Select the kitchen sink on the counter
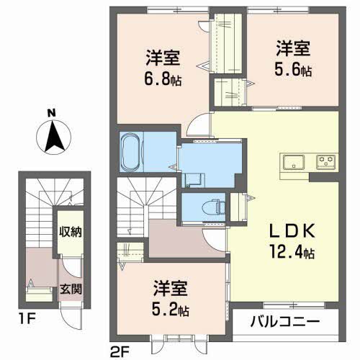click(x=294, y=161)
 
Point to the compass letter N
click(x=52, y=112)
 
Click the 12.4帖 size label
click(x=292, y=253)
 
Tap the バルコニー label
click(x=285, y=322)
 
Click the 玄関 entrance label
click(x=69, y=290)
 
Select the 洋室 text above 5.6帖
click(x=293, y=50)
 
